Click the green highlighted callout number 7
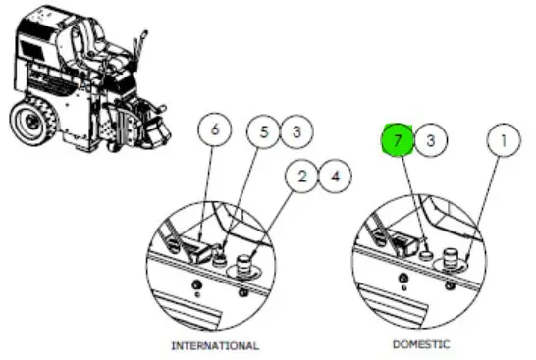point(397,140)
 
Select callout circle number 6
point(214,129)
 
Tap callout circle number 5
point(263,131)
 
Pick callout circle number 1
point(504,140)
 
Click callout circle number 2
point(301,177)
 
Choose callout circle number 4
point(335,177)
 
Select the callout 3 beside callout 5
point(296,131)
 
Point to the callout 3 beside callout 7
point(430,140)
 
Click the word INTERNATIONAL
point(215,345)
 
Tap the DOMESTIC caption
point(421,344)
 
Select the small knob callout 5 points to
point(220,259)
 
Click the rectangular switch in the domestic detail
point(405,243)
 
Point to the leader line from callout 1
point(482,208)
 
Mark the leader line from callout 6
point(206,193)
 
